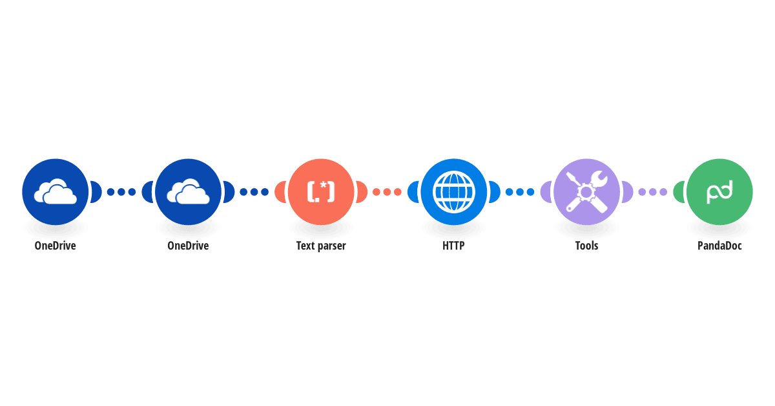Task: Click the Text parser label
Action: (321, 246)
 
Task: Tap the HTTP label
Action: (453, 246)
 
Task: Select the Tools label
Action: (586, 246)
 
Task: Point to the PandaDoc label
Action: (719, 246)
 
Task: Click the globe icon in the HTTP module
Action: (453, 191)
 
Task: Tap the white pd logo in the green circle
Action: (719, 191)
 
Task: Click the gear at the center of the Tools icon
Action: (586, 192)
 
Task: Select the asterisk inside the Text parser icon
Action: (323, 186)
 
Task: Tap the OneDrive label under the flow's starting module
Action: (55, 246)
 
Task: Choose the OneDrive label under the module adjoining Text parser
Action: (188, 246)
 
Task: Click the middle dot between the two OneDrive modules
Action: (121, 191)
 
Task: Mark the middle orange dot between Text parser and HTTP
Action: (387, 191)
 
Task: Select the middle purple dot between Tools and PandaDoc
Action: (652, 191)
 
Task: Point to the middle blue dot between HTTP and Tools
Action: (520, 191)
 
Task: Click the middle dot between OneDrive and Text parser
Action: (254, 191)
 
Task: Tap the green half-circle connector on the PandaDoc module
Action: (678, 191)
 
